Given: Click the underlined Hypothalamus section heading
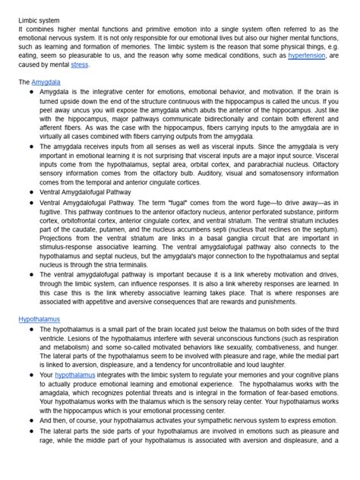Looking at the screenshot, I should [x=39, y=319].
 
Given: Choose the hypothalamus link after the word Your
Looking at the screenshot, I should [x=74, y=374].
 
